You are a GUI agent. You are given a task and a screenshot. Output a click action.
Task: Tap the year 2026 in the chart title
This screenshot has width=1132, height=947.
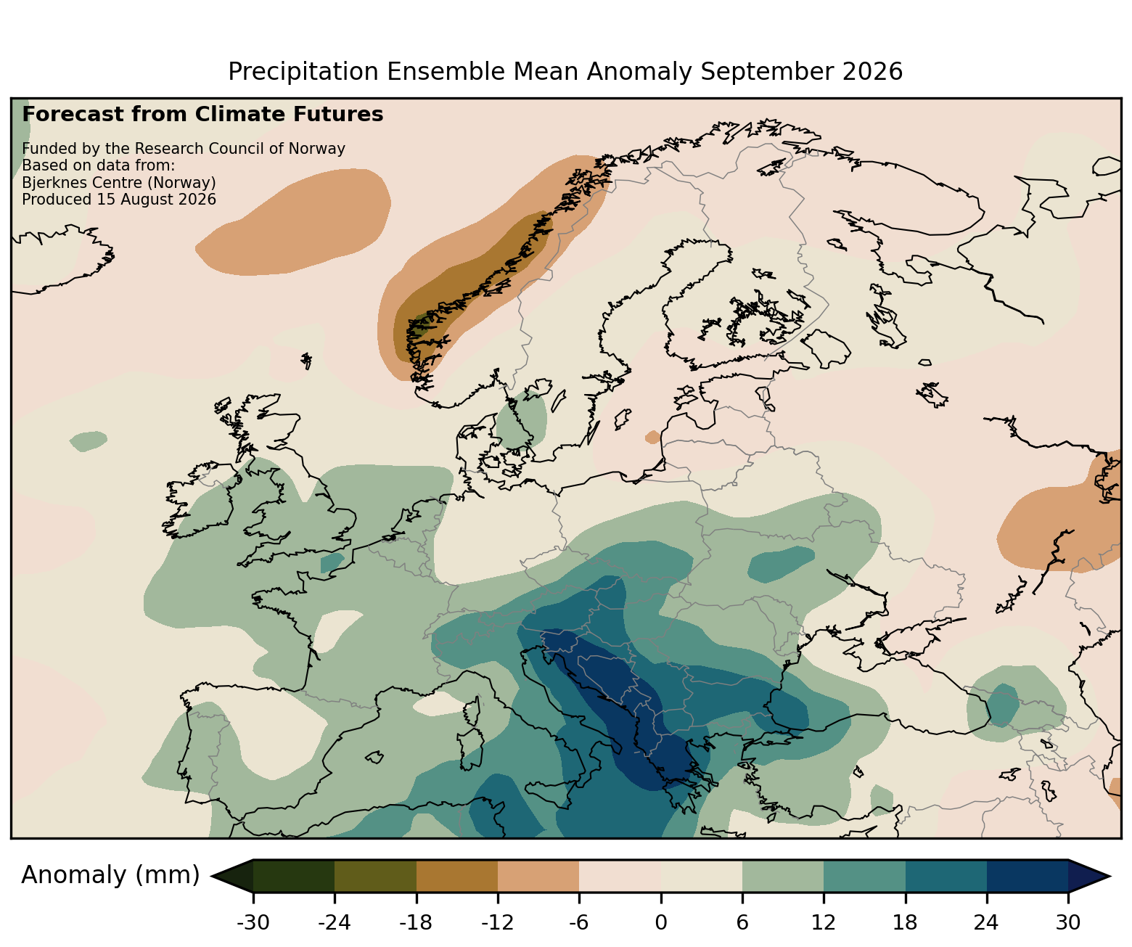coord(872,72)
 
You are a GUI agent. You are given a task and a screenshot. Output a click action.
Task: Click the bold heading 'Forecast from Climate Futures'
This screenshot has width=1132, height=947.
coord(202,115)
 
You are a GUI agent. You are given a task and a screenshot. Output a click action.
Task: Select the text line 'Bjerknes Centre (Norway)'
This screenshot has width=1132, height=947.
coord(119,183)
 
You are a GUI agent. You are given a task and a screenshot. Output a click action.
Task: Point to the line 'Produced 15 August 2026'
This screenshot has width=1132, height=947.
coord(119,200)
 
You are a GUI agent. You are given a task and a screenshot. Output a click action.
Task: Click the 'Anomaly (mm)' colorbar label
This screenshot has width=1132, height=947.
coord(110,875)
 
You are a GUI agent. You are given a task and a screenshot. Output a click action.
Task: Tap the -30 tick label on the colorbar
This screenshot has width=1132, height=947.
coord(253,922)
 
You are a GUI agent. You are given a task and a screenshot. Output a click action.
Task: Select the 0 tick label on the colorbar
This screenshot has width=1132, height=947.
coord(661,922)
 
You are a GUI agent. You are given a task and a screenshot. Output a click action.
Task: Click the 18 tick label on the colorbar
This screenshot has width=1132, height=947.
coord(905,922)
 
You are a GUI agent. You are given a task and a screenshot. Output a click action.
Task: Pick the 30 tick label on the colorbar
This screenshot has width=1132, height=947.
coord(1068,922)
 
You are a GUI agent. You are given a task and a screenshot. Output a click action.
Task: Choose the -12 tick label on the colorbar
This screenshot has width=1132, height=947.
coord(498,922)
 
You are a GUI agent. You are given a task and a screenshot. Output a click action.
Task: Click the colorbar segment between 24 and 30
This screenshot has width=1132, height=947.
coord(1028,876)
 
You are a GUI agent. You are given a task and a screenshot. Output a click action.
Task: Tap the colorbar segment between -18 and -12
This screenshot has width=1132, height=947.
coord(457,876)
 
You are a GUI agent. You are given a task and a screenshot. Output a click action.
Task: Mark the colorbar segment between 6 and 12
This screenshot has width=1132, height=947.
coord(783,876)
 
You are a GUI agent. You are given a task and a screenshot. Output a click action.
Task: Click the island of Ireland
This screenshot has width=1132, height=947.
coord(202,500)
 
